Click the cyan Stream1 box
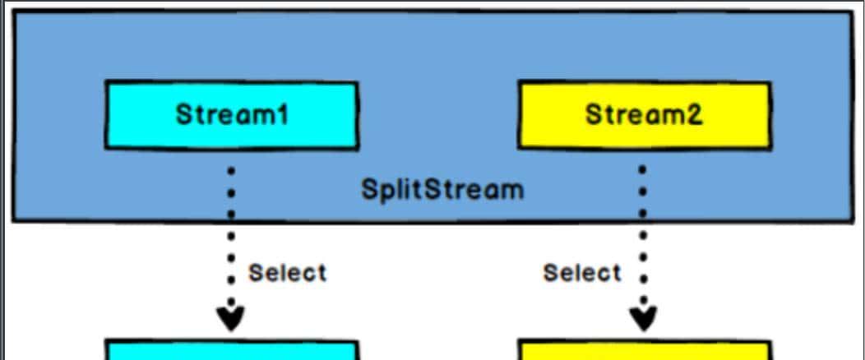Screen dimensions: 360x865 (x=231, y=115)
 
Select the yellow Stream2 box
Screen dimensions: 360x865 (x=644, y=115)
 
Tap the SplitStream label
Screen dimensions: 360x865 (x=442, y=190)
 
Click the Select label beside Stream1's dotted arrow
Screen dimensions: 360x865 (x=287, y=272)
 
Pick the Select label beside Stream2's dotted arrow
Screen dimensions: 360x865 (x=582, y=272)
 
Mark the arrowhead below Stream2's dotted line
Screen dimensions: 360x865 (x=643, y=317)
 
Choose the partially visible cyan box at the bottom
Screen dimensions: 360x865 (x=231, y=351)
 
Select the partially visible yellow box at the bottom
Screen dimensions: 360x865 (x=644, y=351)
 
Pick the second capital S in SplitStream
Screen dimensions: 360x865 (x=432, y=190)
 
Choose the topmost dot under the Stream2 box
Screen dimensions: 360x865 (x=642, y=169)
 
